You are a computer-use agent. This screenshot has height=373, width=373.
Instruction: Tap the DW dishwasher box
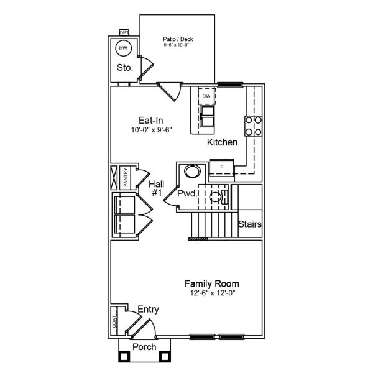pos(206,96)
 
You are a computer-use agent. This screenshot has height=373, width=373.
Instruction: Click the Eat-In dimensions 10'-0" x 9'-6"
pos(151,131)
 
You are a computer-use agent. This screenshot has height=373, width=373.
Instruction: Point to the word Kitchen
pos(222,142)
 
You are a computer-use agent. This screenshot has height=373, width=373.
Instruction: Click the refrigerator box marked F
pos(221,167)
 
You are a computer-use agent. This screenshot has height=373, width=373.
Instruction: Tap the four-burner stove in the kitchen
pos(253,126)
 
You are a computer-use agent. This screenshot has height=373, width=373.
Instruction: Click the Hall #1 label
pos(156,188)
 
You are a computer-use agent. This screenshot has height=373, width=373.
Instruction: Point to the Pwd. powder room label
pos(187,194)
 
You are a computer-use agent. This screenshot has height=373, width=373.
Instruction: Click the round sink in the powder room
pos(191,172)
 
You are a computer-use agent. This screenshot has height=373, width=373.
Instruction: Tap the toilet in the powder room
pos(217,198)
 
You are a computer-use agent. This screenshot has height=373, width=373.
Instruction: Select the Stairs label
pos(250,224)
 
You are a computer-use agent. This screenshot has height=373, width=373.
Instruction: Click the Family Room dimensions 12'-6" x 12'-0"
pos(214,293)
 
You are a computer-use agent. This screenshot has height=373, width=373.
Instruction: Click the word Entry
pos(148,309)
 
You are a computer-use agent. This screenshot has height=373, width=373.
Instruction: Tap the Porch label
pos(144,346)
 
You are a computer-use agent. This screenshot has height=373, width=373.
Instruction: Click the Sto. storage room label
pos(124,68)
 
